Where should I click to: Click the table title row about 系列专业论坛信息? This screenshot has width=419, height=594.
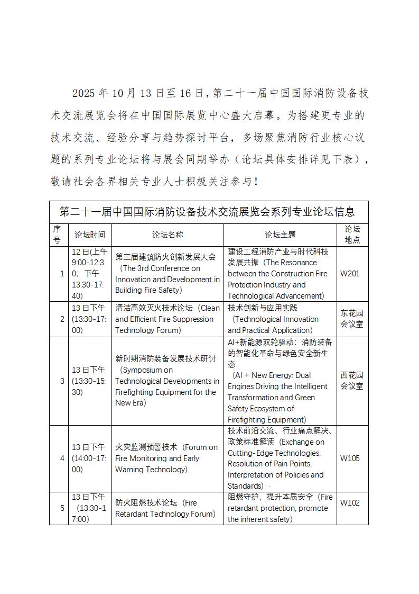pos(209,212)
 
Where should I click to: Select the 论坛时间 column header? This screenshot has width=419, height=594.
pos(90,235)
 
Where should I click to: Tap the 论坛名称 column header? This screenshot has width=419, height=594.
pos(167,235)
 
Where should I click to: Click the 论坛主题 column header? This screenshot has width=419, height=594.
pos(280,235)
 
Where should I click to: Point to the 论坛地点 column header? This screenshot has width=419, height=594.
pos(352,235)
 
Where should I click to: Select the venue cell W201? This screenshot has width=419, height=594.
pos(350,274)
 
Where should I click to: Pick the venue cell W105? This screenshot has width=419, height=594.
pos(350,458)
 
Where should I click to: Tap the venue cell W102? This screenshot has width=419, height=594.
pos(350,503)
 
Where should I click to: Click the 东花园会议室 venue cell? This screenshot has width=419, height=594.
pos(352,319)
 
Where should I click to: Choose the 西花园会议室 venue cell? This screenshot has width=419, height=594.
pos(352,381)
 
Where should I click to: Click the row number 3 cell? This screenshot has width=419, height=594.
pos(62,381)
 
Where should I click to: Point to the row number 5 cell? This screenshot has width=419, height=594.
pos(62,508)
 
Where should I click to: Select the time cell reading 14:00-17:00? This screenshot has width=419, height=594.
pos(89,458)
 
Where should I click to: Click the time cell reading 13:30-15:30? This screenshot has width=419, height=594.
pos(89,381)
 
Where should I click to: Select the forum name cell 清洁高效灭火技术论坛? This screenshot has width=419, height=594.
pos(167,319)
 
